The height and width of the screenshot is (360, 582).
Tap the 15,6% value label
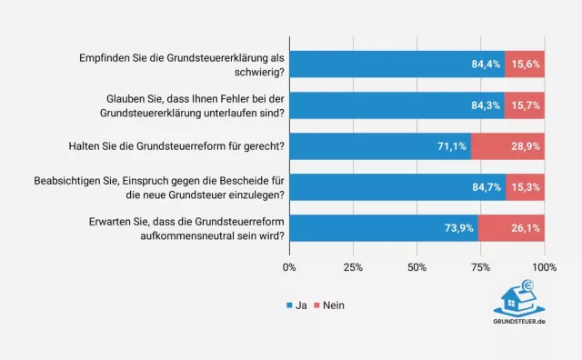[x=526, y=64]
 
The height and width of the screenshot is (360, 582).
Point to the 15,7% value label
[x=526, y=105]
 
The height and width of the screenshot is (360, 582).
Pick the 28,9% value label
[x=526, y=145]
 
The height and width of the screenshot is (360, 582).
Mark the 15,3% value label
[x=526, y=186]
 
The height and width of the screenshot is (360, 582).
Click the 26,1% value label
[x=526, y=227]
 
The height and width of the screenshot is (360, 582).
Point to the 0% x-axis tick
[x=289, y=267]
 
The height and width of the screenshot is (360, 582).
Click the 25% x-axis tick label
[x=353, y=267]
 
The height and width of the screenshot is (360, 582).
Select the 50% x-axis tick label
[x=416, y=267]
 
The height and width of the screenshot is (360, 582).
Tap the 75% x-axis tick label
[x=480, y=267]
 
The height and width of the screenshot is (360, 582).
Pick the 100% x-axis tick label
[x=544, y=267]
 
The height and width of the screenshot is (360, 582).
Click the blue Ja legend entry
[x=297, y=305]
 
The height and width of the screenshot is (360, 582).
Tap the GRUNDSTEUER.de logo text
[x=519, y=322]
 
